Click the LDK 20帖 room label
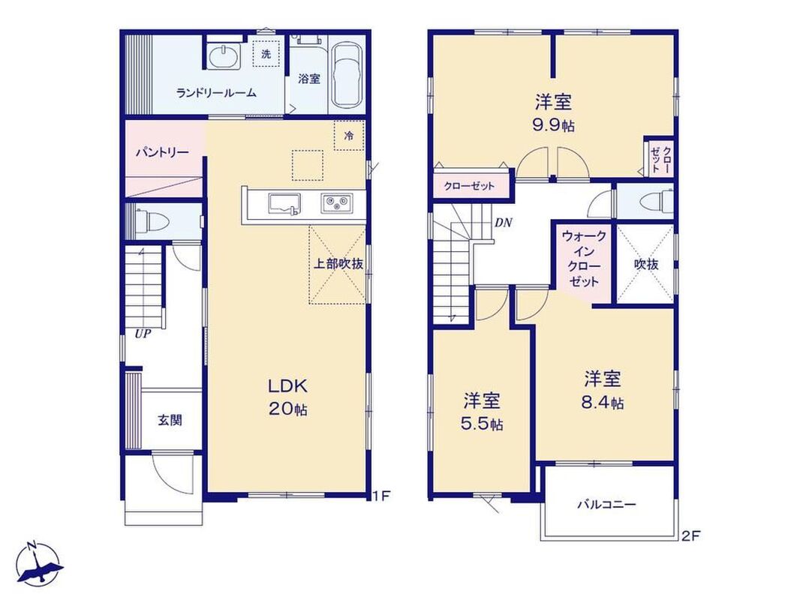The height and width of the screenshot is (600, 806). (x=288, y=397)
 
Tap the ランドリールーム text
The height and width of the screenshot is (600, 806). (x=216, y=93)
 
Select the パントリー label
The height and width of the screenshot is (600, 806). (x=162, y=152)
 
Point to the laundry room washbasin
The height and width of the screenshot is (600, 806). (x=224, y=55)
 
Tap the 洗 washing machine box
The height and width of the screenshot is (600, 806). (x=266, y=54)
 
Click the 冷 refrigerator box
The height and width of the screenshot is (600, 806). (x=349, y=136)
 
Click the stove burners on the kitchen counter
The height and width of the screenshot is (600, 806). (x=337, y=203)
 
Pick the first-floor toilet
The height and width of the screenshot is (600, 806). (x=151, y=221)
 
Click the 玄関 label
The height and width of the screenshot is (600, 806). (x=170, y=420)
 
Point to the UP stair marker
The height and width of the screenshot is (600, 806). (x=143, y=334)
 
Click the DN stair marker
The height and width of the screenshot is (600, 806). (x=504, y=223)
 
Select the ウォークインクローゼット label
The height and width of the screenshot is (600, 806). (x=584, y=259)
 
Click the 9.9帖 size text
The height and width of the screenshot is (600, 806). (x=554, y=125)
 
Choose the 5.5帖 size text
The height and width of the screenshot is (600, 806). (x=482, y=424)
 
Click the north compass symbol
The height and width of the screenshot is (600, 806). (x=38, y=562)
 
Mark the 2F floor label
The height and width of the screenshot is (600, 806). (x=691, y=536)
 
